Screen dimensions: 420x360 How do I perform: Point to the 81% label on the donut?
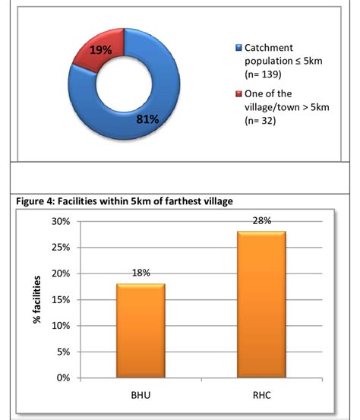pos(147,119)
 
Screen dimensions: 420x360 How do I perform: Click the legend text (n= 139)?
pos(262,74)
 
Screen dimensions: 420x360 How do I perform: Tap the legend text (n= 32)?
pos(260,119)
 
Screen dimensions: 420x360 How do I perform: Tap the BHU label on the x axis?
pos(141,396)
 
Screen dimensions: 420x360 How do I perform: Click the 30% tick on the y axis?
pos(60,222)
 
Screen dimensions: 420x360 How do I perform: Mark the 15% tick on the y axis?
pos(60,300)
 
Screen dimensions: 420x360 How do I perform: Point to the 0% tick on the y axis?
pos(62,378)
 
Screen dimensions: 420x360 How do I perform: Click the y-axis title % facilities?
pos(36,299)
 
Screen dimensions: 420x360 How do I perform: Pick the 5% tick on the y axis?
pos(62,352)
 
